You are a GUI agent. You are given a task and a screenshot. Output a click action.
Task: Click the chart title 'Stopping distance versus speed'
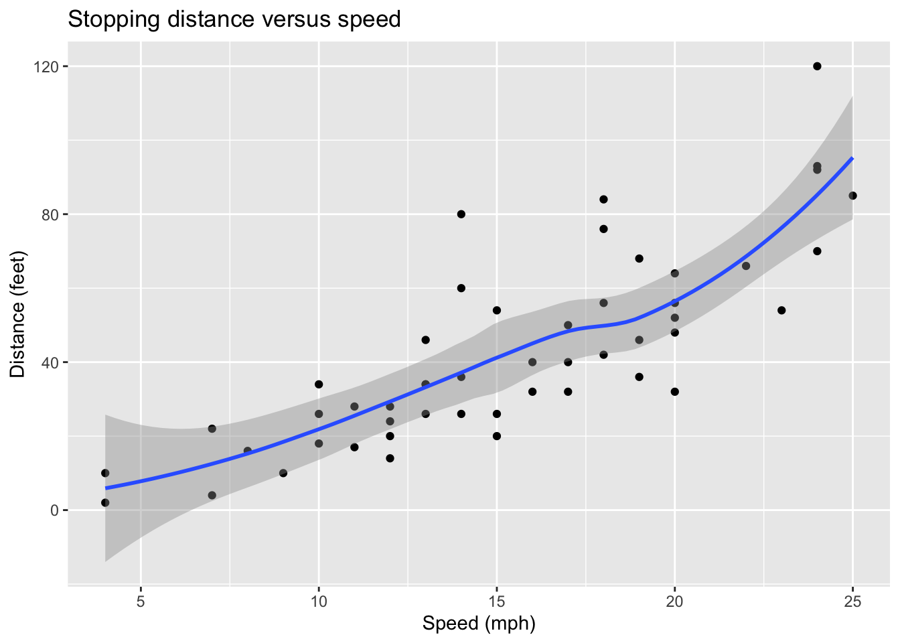(x=234, y=19)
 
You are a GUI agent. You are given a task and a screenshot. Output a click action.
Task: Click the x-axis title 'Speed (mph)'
(x=479, y=624)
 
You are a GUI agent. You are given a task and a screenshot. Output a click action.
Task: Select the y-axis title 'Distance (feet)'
(x=17, y=314)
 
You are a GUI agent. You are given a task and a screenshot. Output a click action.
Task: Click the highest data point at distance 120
(x=817, y=66)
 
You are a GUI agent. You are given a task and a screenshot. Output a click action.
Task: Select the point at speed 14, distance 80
(x=461, y=214)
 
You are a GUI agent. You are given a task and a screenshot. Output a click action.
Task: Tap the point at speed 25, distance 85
(x=852, y=196)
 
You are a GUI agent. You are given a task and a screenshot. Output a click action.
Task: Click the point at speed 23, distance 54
(x=781, y=310)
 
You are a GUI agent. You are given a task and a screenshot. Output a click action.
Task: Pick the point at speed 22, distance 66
(x=746, y=266)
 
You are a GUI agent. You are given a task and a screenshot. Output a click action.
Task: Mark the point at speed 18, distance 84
(x=603, y=199)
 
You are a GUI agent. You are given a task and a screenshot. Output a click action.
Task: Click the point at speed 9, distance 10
(x=283, y=473)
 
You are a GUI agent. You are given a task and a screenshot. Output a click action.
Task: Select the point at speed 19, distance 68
(x=639, y=259)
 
